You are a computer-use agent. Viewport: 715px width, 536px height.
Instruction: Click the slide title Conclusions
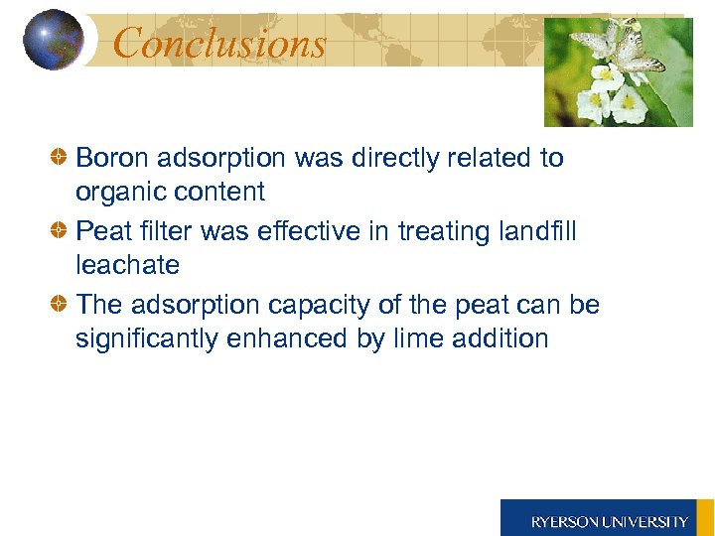[x=219, y=43]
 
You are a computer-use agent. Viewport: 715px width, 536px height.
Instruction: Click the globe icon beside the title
[x=53, y=40]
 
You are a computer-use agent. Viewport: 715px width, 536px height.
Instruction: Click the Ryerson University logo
[x=608, y=519]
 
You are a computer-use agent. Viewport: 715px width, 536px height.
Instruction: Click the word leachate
[x=127, y=266]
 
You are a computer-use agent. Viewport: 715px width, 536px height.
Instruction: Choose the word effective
[x=309, y=231]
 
